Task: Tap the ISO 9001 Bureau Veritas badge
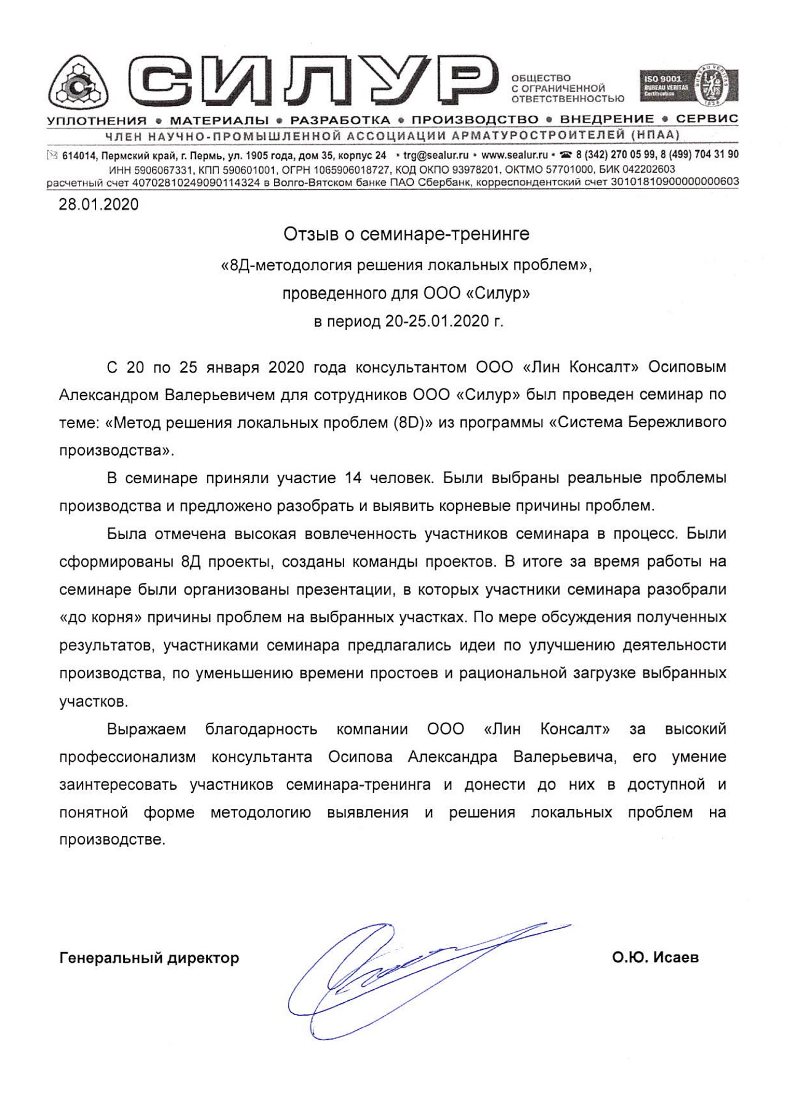(689, 86)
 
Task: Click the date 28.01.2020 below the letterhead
(98, 204)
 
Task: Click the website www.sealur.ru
(515, 155)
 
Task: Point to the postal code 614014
(79, 155)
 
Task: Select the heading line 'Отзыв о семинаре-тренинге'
(406, 235)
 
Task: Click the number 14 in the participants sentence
(353, 478)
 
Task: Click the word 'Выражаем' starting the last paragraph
(146, 729)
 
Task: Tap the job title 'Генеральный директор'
(149, 958)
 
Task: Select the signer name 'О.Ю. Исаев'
(655, 958)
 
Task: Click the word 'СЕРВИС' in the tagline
(707, 119)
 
